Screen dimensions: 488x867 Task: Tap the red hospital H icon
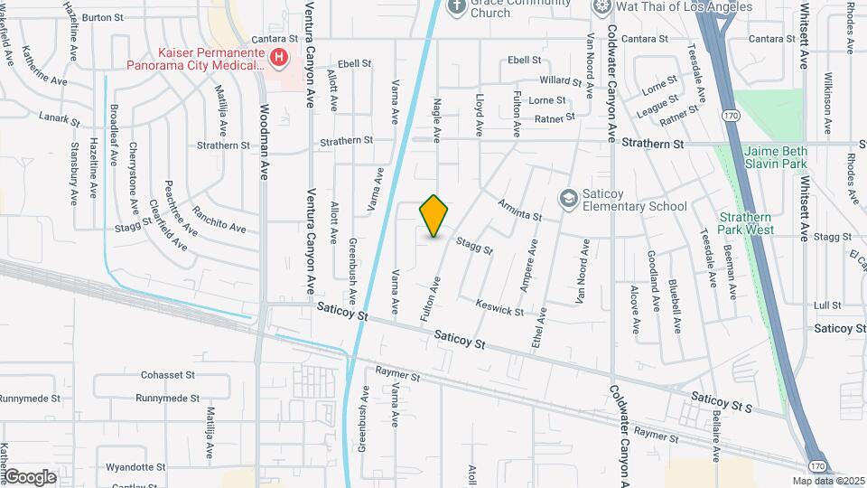click(x=279, y=59)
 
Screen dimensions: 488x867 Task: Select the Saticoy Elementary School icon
click(x=568, y=198)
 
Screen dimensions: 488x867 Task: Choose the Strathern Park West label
click(x=747, y=223)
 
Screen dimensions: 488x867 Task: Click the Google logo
click(x=29, y=476)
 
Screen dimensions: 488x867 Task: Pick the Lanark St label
click(x=60, y=117)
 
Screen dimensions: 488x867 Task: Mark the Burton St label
click(x=102, y=17)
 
